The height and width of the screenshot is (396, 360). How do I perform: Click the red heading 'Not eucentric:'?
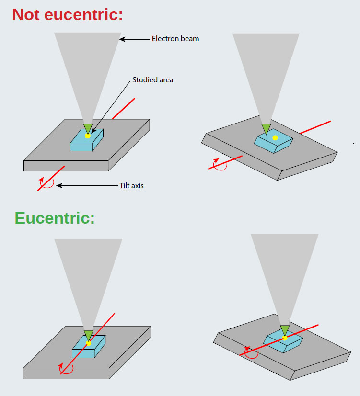tap(68, 14)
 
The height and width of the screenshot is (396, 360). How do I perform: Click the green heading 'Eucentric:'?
tap(55, 218)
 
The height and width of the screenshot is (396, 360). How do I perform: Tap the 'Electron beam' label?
tap(175, 39)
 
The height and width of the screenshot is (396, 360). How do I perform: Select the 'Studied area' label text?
tap(152, 80)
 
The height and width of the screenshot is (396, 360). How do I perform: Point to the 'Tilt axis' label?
tap(131, 185)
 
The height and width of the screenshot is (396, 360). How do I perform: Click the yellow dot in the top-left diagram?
tap(88, 136)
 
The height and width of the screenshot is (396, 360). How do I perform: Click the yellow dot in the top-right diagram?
tap(275, 138)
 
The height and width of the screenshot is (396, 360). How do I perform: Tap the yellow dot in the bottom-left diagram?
tap(88, 343)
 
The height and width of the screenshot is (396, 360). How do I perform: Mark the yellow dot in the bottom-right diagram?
tap(285, 338)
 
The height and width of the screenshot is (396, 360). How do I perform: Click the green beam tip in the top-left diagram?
tap(88, 127)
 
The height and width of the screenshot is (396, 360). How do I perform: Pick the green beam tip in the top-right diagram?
tap(266, 128)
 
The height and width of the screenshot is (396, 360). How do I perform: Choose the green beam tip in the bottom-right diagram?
tap(285, 329)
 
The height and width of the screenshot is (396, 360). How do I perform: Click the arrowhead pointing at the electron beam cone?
tap(123, 39)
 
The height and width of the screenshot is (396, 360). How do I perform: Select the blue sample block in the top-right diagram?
tap(274, 141)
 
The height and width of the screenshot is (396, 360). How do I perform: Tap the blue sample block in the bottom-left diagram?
tap(89, 347)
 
